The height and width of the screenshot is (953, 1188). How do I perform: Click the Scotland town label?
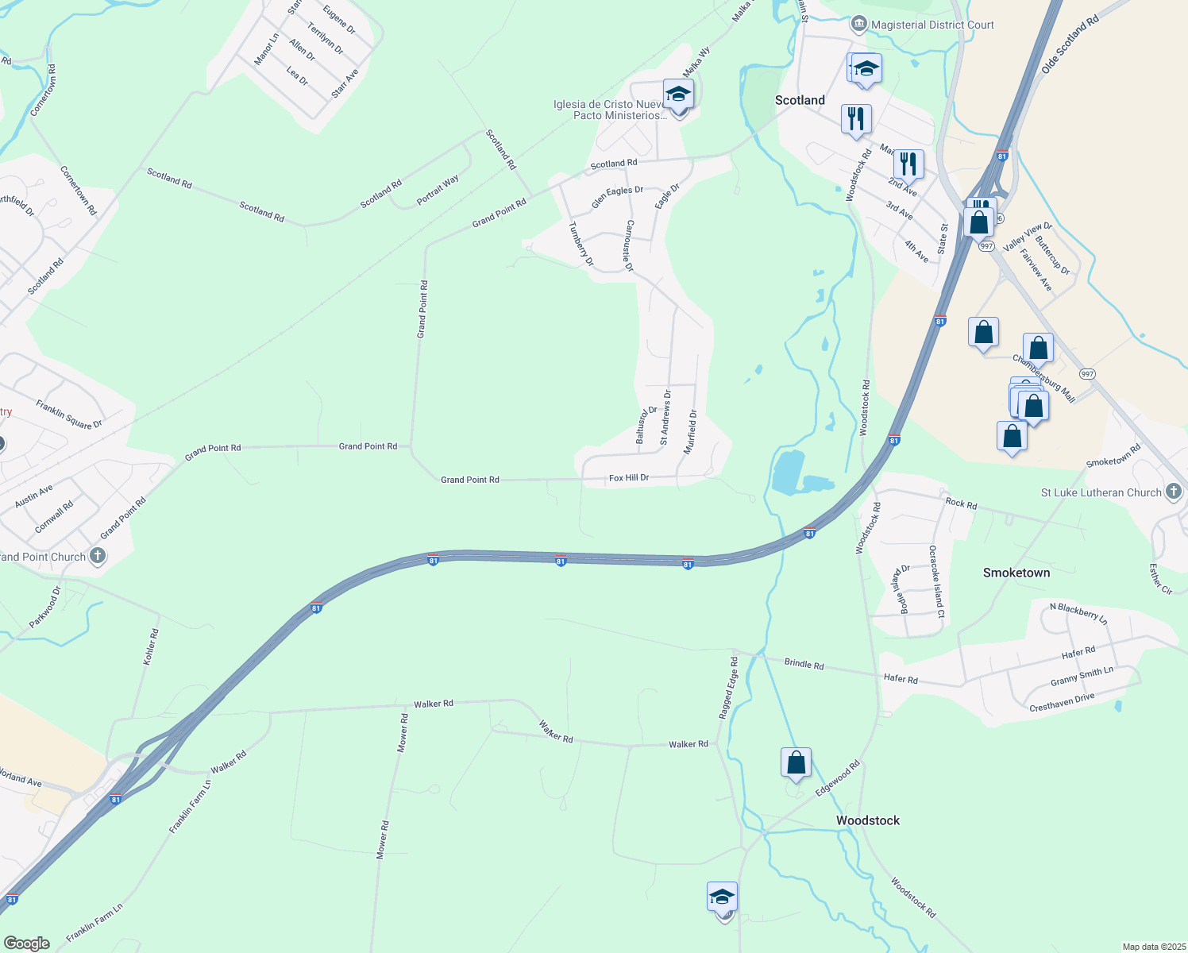tap(800, 100)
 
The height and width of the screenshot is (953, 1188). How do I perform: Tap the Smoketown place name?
tap(1016, 573)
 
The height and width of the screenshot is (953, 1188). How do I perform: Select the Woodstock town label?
tap(867, 820)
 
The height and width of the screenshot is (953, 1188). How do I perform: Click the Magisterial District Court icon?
tap(858, 25)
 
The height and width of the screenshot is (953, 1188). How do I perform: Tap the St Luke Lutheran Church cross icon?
tap(1174, 492)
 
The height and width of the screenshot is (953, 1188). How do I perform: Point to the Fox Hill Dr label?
tap(629, 478)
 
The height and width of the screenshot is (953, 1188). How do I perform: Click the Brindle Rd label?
tap(804, 664)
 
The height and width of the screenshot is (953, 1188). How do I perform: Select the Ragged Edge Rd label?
tap(728, 688)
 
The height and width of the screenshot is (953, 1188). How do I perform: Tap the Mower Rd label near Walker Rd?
tap(403, 733)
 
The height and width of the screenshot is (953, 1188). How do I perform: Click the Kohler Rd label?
tap(151, 646)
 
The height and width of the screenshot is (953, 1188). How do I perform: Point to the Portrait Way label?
tap(438, 191)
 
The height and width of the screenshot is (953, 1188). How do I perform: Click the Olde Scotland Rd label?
tap(1069, 44)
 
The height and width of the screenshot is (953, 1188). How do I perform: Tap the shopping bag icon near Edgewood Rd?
tap(796, 762)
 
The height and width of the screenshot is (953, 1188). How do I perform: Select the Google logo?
tap(27, 943)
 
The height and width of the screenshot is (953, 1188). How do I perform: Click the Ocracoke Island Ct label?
tap(936, 581)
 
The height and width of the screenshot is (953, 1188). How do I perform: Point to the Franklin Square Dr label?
tap(69, 414)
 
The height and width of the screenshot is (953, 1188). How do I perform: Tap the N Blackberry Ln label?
tap(1078, 612)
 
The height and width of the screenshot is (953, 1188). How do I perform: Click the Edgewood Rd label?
tap(837, 777)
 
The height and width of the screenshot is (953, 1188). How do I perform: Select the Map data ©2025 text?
tap(1152, 947)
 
